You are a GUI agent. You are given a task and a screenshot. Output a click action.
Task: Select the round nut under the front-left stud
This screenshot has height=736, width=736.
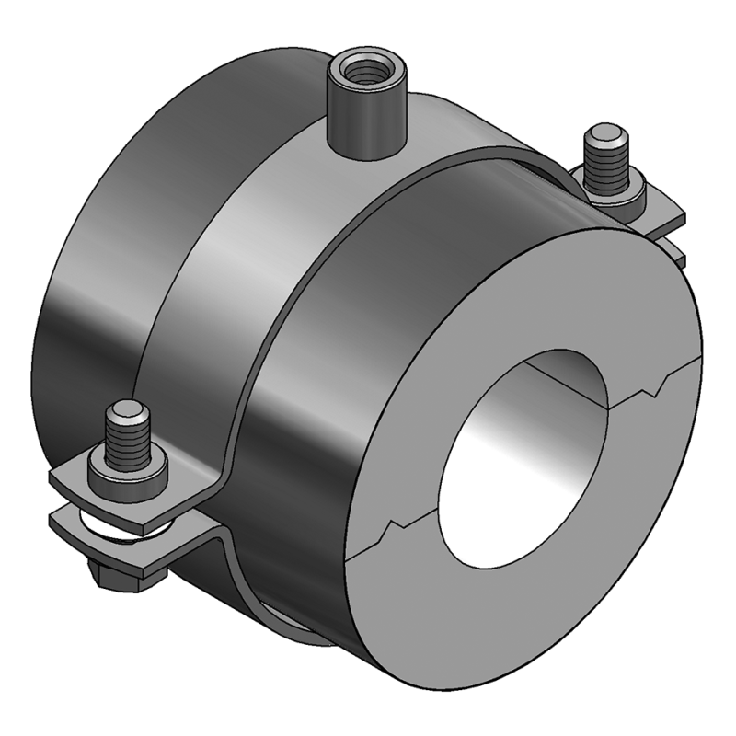(x=128, y=475)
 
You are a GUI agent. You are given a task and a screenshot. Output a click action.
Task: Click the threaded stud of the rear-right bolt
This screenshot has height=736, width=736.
(x=607, y=162)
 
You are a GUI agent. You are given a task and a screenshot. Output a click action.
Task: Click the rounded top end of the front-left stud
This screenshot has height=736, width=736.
(x=126, y=409)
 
